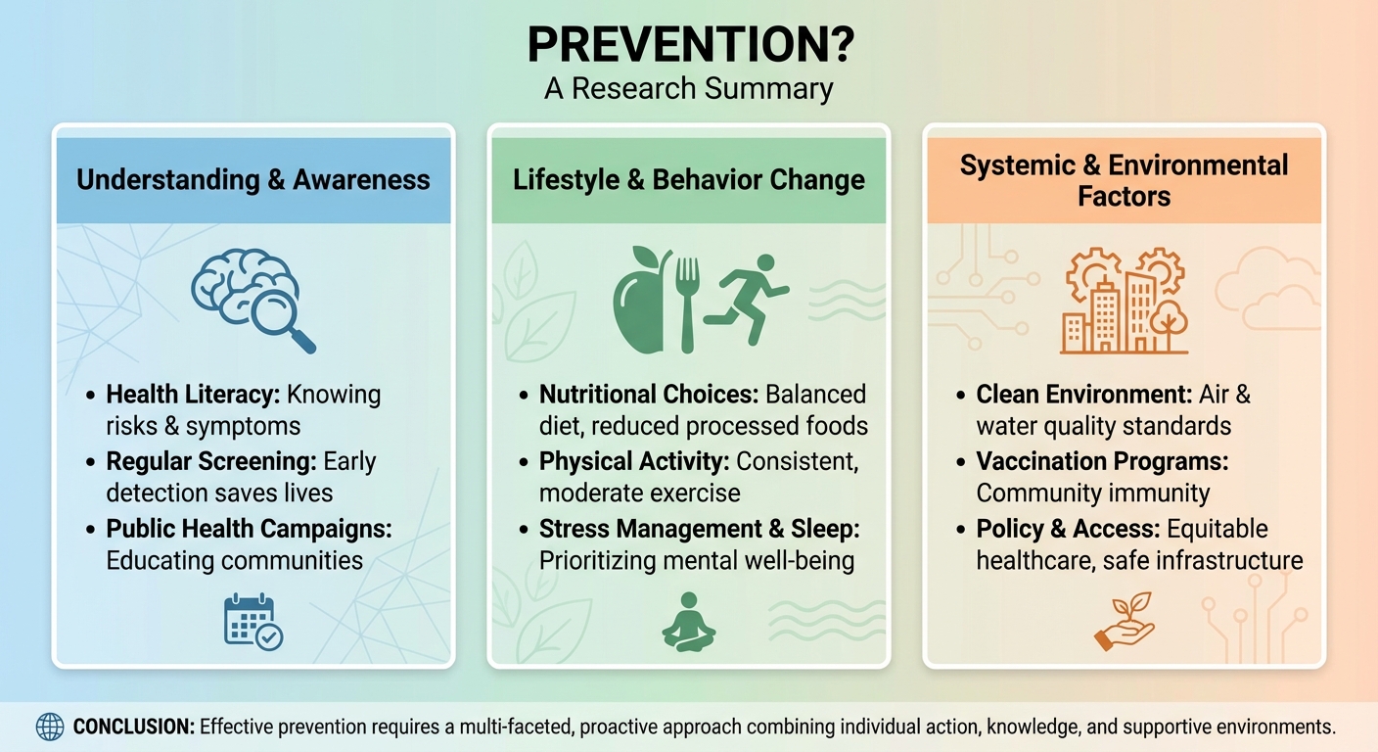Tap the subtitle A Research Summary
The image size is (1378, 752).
coord(688,88)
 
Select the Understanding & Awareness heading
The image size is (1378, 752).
coord(253,180)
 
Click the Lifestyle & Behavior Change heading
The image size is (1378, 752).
coord(689,180)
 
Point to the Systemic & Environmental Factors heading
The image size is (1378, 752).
coord(1124,180)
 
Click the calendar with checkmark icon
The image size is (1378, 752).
coord(253,622)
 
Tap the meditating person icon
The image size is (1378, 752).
coord(688,622)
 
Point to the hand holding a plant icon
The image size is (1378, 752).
coord(1124,622)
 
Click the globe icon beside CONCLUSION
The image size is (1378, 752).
coord(49,727)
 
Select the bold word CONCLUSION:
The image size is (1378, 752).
coord(133,728)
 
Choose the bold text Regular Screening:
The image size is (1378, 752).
coord(207,461)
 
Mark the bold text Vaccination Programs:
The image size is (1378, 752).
coord(1102,461)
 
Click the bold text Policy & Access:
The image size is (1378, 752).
coord(1068,529)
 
